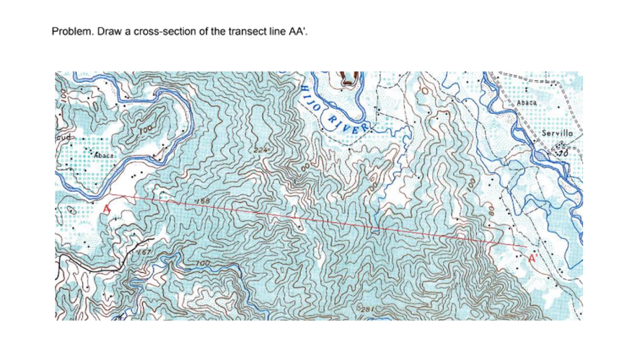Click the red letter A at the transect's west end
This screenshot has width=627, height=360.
tap(108, 209)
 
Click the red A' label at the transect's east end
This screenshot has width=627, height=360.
tap(534, 258)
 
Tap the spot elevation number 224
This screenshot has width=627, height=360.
tap(259, 150)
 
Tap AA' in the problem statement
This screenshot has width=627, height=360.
tap(306, 32)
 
